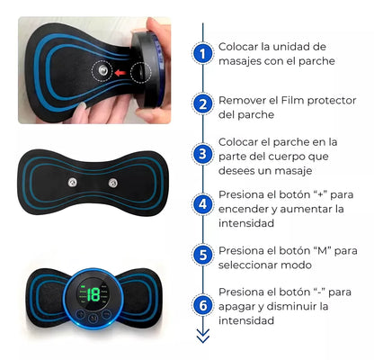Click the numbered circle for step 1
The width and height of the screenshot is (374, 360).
pyautogui.click(x=203, y=54)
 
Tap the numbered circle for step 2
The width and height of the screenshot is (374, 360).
pyautogui.click(x=203, y=104)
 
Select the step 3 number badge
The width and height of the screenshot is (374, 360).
pyautogui.click(x=203, y=154)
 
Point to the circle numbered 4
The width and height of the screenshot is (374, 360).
pyautogui.click(x=203, y=204)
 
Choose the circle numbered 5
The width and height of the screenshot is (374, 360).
pyautogui.click(x=203, y=255)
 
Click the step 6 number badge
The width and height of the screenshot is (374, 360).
pyautogui.click(x=203, y=305)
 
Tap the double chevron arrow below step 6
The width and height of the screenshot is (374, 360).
pyautogui.click(x=203, y=336)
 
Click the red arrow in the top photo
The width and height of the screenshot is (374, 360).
pyautogui.click(x=120, y=72)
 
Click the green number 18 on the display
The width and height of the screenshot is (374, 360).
pyautogui.click(x=93, y=295)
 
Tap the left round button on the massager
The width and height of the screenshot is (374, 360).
pyautogui.click(x=80, y=314)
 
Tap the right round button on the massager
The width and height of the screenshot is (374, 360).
pyautogui.click(x=106, y=314)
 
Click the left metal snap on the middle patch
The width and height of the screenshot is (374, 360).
pyautogui.click(x=73, y=182)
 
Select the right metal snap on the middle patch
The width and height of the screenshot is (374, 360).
pyautogui.click(x=113, y=183)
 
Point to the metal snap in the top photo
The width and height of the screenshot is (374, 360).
pyautogui.click(x=102, y=71)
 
